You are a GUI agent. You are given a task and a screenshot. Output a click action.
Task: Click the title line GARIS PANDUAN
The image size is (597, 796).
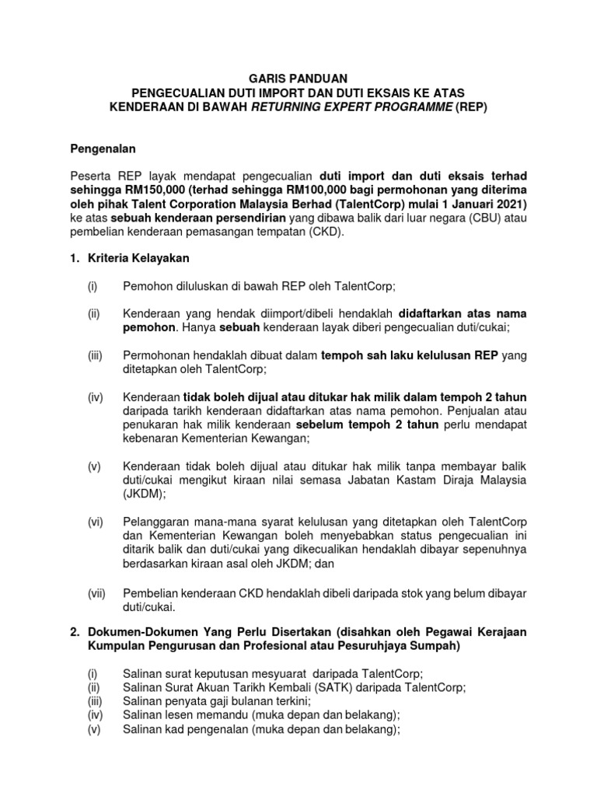tap(298, 78)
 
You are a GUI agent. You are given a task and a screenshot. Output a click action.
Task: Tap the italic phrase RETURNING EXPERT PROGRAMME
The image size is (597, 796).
tap(351, 107)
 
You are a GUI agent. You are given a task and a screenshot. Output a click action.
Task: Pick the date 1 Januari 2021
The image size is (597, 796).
tap(483, 204)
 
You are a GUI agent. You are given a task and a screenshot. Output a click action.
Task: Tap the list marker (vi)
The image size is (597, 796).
tap(95, 522)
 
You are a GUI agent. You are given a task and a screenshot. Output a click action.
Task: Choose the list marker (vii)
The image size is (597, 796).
tap(96, 593)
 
